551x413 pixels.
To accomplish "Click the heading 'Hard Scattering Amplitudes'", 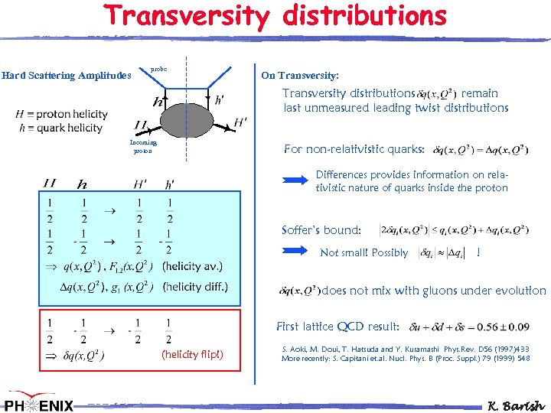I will click(66, 75).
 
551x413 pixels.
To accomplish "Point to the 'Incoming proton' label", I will click(144, 146).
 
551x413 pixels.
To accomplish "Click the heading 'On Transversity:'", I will click(300, 75).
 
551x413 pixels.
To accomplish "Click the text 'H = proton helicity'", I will click(61, 114).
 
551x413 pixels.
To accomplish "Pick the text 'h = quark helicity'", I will click(59, 128).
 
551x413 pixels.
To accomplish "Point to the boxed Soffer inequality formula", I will click(454, 229).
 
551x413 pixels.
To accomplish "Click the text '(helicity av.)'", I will click(193, 266).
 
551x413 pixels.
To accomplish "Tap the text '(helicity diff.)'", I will click(195, 287).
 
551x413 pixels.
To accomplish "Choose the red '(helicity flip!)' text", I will click(192, 354).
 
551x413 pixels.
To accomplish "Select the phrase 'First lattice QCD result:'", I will click(337, 327).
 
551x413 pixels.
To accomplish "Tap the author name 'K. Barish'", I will click(517, 402).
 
